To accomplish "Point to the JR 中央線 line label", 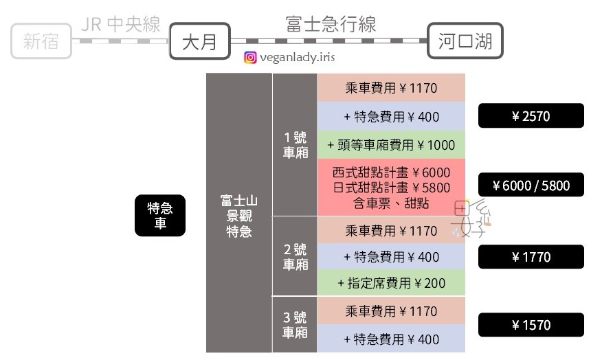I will tap(120, 25).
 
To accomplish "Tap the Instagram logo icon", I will tap(251, 58).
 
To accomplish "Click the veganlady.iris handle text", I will tap(299, 58).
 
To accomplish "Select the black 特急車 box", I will tap(159, 216).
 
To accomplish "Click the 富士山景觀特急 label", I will tap(238, 216).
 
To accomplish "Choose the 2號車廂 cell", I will tap(295, 257).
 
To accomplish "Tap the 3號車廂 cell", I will tap(295, 324).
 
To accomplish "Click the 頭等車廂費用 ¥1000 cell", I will tap(391, 144).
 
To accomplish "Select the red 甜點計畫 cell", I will tap(391, 187).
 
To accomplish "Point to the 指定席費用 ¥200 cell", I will tap(391, 283).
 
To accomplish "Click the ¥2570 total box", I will tap(531, 116).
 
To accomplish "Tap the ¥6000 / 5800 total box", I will tap(531, 185).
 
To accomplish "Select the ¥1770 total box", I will tap(531, 257).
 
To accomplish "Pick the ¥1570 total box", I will tap(531, 324).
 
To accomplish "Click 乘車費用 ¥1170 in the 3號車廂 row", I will tap(391, 311).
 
